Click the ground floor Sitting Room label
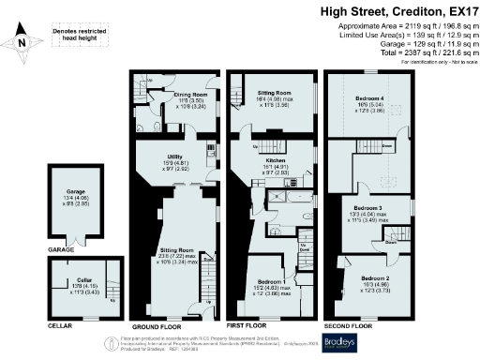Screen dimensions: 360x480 tap(179, 252)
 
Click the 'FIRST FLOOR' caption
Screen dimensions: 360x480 tap(248, 325)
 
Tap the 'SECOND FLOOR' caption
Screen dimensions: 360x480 tap(355, 325)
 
